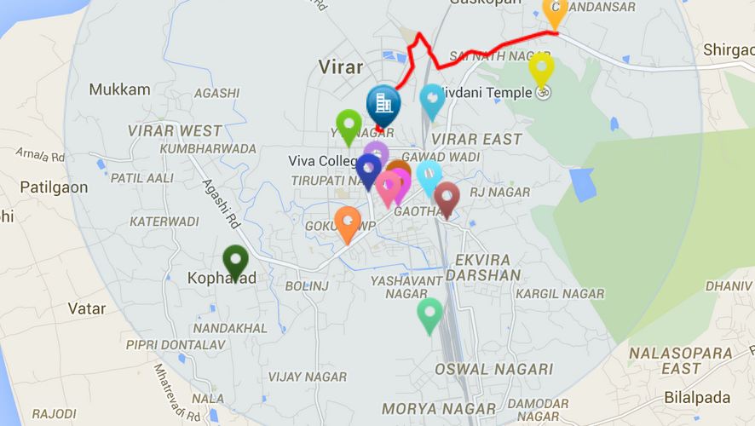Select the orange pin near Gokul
[x=348, y=222]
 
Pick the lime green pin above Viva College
[x=349, y=125]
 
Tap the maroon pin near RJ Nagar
[x=447, y=198]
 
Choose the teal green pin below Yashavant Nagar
[x=429, y=314]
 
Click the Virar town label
[x=340, y=67]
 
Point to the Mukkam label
[x=119, y=89]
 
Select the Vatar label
[x=86, y=308]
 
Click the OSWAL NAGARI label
[x=493, y=370]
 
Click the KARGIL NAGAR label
[x=560, y=294]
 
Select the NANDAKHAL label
[x=230, y=328]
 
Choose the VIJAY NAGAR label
[x=308, y=377]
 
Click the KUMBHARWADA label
[x=208, y=149]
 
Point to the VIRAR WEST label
[x=175, y=131]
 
